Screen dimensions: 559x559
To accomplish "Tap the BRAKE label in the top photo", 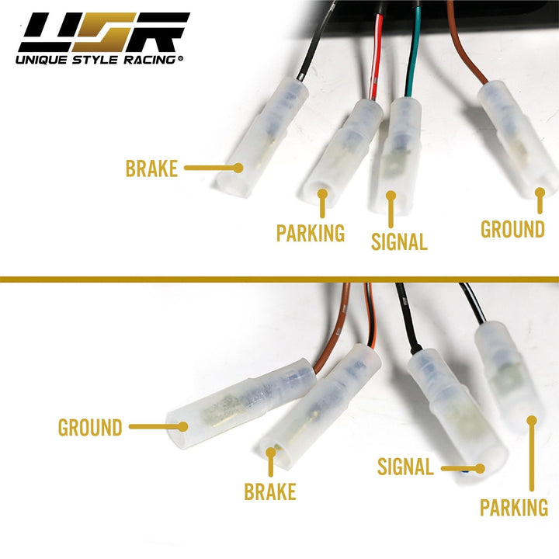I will click(x=152, y=168).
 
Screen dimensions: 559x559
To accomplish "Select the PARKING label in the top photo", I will click(x=311, y=233).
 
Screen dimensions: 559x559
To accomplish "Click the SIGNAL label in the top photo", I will click(x=399, y=241).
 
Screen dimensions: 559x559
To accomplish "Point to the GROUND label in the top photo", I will click(x=512, y=230).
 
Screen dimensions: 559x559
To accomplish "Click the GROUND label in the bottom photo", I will click(x=90, y=427).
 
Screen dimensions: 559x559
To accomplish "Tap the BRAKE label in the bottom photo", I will click(x=270, y=492).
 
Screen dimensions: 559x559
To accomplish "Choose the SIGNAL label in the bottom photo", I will click(x=405, y=467).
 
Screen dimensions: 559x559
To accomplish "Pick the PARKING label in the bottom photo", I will click(x=514, y=508).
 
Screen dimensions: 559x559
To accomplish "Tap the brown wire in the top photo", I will click(x=466, y=54).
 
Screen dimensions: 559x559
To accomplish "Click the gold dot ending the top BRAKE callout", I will click(x=239, y=167).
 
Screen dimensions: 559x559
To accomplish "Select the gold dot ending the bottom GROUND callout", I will click(x=182, y=425).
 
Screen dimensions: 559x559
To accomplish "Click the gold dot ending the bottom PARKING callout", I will click(x=532, y=420).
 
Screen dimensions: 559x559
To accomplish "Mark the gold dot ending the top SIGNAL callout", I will click(x=391, y=196).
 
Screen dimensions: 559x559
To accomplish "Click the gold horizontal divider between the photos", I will click(x=279, y=277).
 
